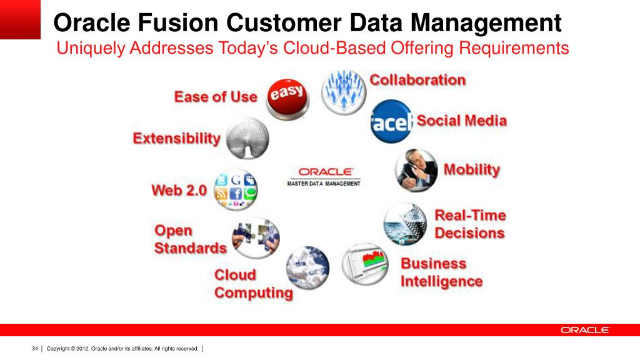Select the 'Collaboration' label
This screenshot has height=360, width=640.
coord(417,80)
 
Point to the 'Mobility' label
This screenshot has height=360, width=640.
coord(472,169)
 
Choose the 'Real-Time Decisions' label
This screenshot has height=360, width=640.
coord(470,224)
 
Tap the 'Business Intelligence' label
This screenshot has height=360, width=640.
coord(441,272)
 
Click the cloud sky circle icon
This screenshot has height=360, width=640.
coord(307,267)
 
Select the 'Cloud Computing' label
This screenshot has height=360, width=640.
coord(253,284)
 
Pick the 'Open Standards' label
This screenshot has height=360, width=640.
coord(190,239)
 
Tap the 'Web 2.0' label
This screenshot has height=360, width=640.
coord(179,191)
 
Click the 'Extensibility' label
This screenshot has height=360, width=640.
coord(177,139)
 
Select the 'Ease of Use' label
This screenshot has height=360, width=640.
coord(216,97)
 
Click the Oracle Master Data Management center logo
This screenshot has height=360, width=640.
coord(324,177)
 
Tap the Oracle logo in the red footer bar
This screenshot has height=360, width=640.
coord(584,330)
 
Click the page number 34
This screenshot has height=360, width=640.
coord(35,348)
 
